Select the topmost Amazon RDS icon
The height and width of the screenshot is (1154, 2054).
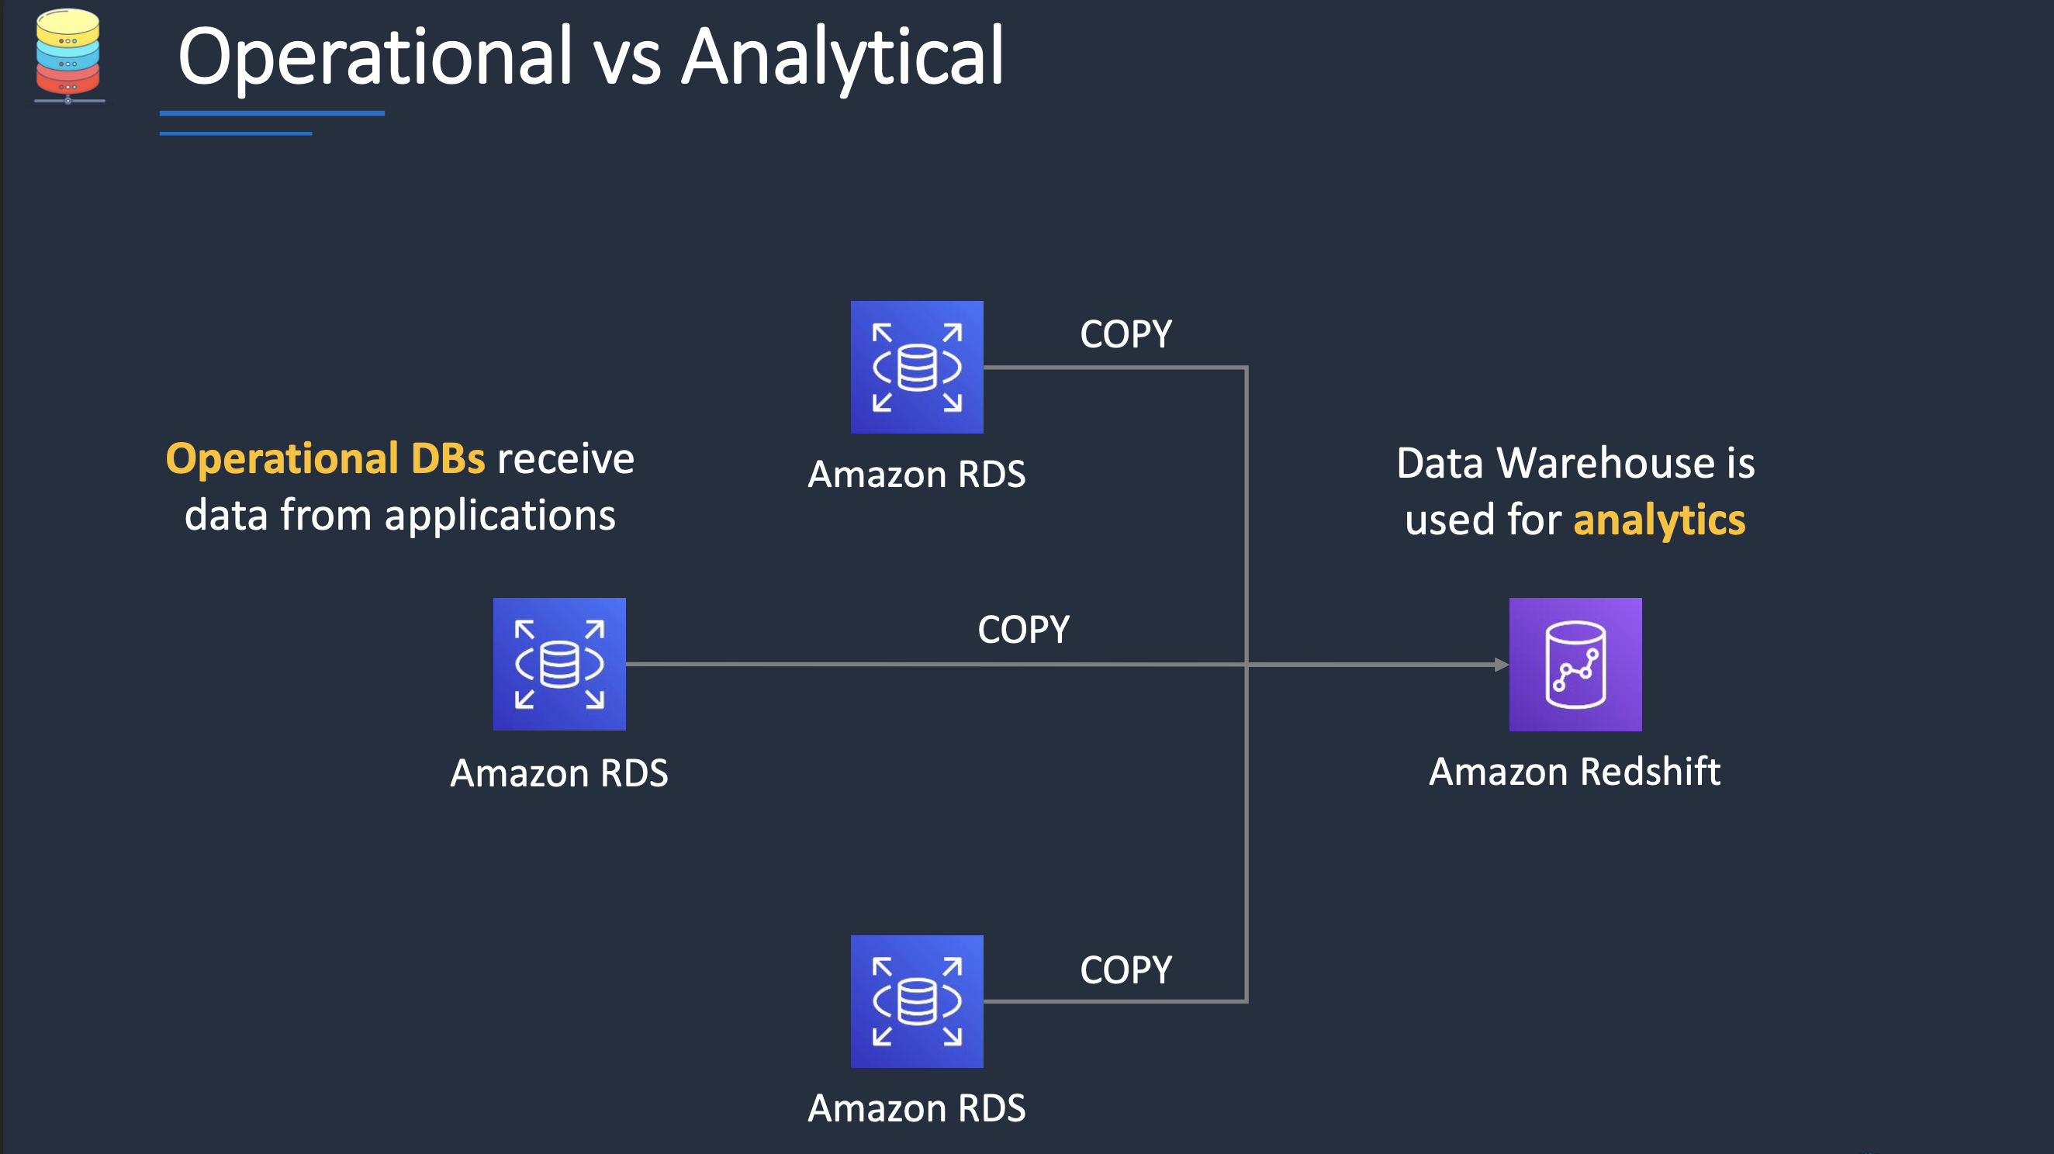916,367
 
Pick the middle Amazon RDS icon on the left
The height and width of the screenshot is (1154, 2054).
559,664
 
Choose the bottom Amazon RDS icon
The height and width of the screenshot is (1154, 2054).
916,1001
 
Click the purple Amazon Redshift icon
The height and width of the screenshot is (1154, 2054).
1575,664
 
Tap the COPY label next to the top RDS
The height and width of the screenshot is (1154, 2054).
1125,334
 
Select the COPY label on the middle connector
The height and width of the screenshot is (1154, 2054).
1023,630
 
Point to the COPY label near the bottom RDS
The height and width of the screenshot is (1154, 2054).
1125,970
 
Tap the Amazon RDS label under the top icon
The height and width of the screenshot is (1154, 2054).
916,474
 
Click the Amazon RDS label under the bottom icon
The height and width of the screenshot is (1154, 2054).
916,1107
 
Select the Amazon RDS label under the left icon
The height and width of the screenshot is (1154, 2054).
559,773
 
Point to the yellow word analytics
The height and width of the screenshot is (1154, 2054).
1658,520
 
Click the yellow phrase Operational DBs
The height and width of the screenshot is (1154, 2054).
324,458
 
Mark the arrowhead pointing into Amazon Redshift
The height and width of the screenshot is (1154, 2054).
1501,664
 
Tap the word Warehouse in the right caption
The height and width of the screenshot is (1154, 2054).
1606,463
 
